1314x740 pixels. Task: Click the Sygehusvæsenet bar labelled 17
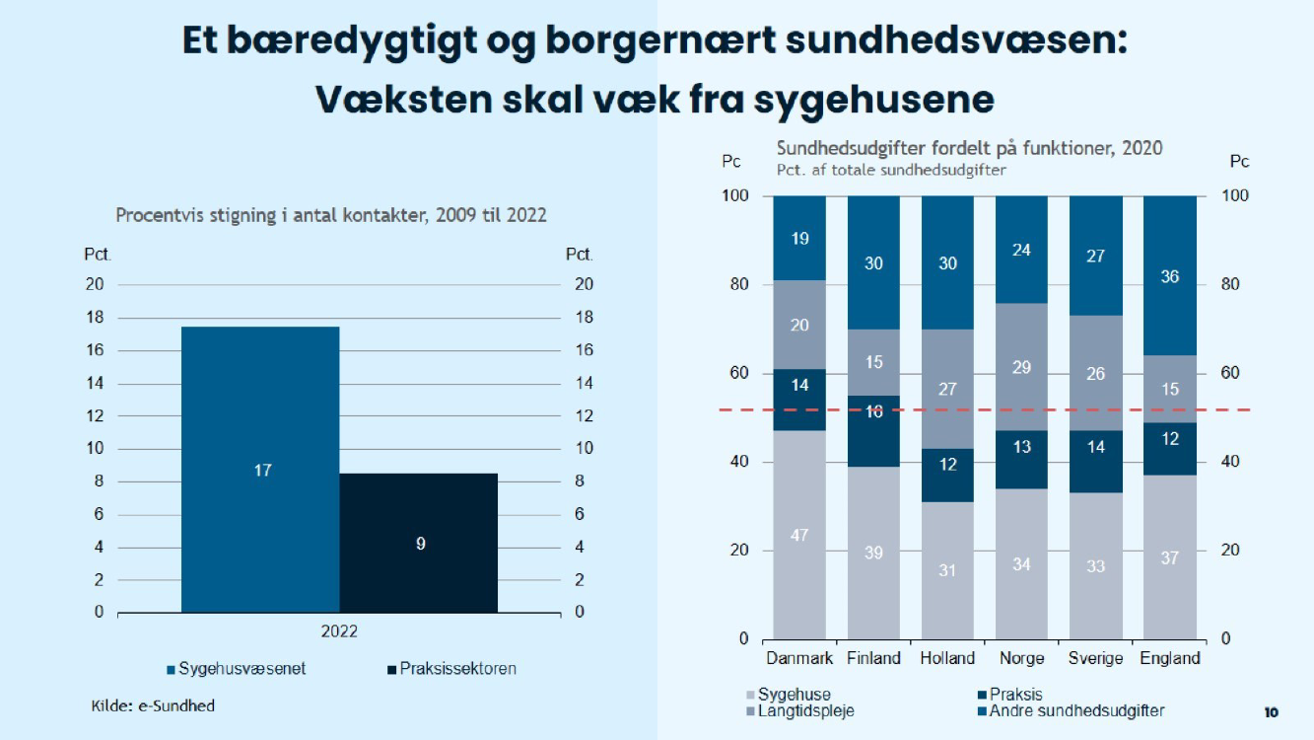(x=261, y=470)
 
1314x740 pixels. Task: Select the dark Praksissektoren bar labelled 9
(x=419, y=543)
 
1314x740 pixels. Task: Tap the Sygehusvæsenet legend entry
(x=238, y=669)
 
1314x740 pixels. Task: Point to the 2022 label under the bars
(x=339, y=630)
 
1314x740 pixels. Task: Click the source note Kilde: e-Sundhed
(x=153, y=705)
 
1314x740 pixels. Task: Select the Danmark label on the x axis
(x=799, y=658)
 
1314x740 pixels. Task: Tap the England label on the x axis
(x=1170, y=658)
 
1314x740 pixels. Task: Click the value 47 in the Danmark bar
(x=799, y=535)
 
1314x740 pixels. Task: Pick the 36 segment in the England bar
(x=1170, y=276)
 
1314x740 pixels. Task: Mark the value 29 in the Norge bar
(x=1021, y=367)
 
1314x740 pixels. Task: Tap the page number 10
(x=1271, y=711)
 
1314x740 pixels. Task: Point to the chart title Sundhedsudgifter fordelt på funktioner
(x=969, y=148)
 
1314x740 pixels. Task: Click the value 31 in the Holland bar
(x=947, y=569)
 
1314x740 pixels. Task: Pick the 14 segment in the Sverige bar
(x=1095, y=446)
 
